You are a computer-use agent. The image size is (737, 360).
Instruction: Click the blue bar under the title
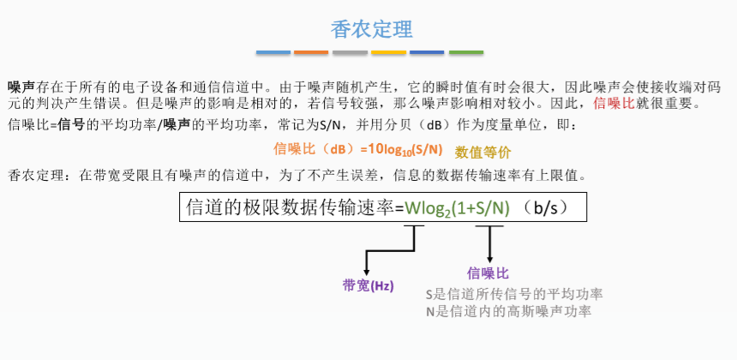point(273,52)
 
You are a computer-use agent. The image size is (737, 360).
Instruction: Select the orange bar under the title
point(312,52)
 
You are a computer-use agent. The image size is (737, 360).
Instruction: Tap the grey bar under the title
point(351,52)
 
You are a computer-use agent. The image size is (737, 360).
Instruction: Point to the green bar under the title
point(466,52)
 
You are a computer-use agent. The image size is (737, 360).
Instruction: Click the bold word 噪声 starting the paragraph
point(21,87)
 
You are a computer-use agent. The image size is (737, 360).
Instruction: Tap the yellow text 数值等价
point(482,153)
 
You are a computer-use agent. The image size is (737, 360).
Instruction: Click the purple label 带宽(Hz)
point(368,285)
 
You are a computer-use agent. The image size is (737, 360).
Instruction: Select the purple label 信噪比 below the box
point(488,273)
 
